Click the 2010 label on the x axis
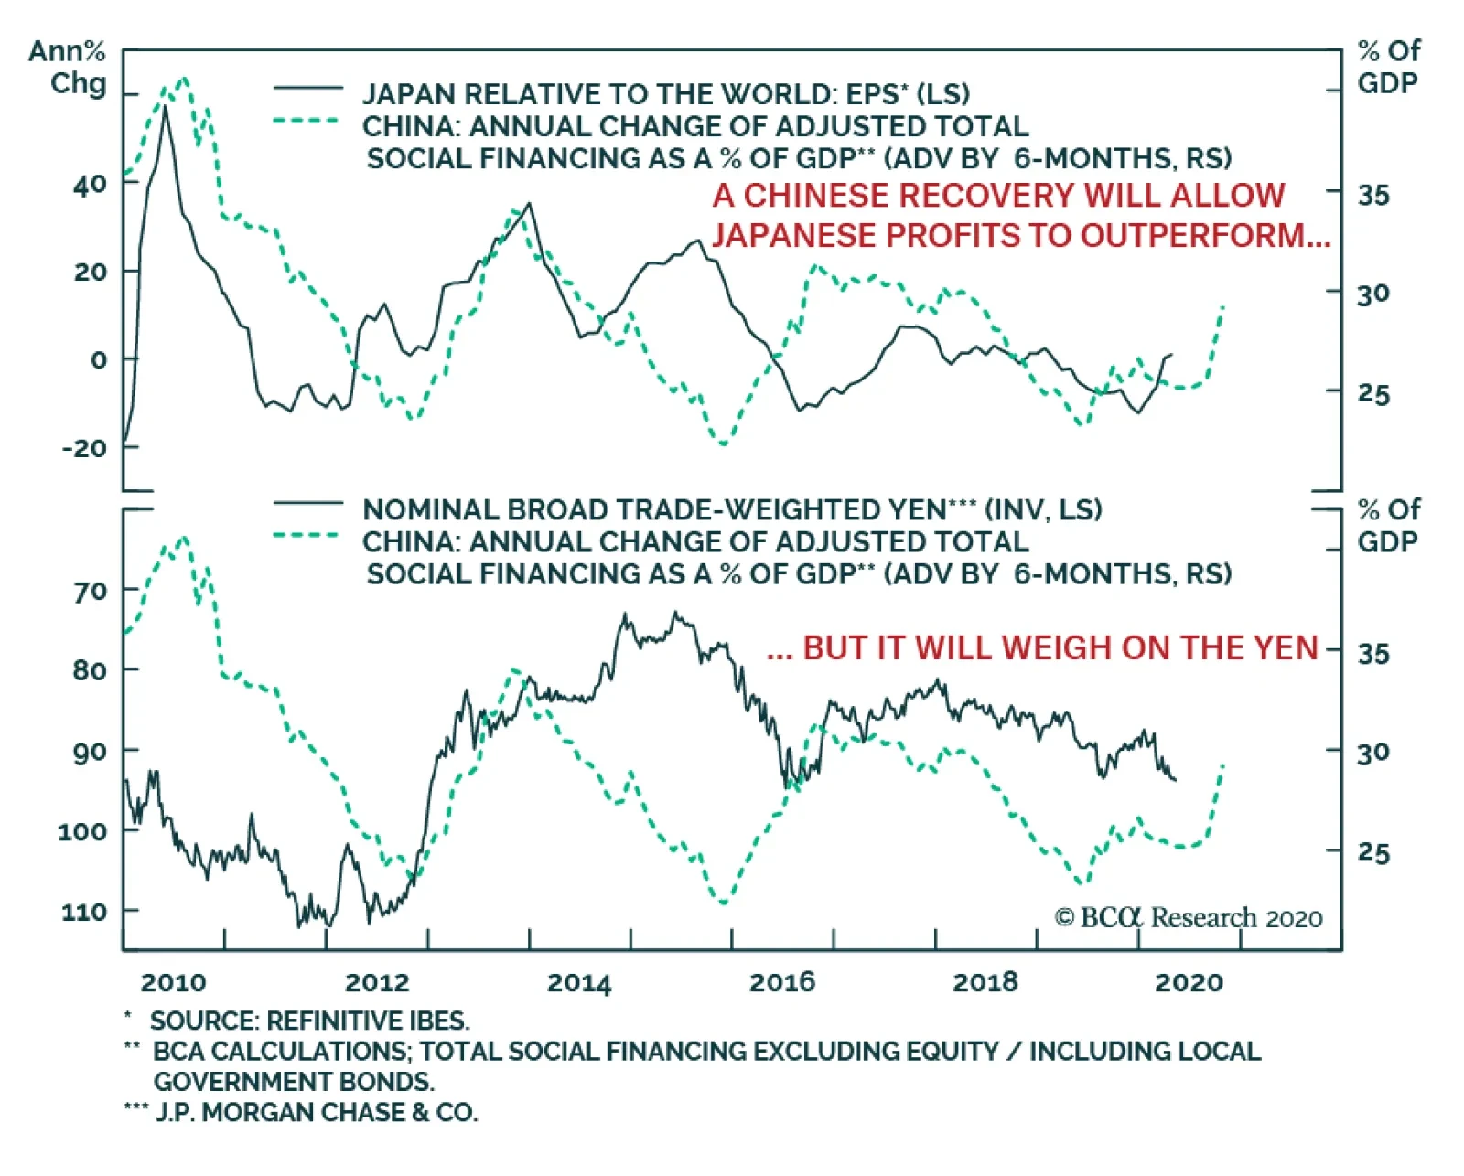pyautogui.click(x=173, y=982)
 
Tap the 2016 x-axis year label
pyautogui.click(x=781, y=982)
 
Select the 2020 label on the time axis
pyautogui.click(x=1189, y=982)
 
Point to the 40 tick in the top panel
pyautogui.click(x=90, y=184)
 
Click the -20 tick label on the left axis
pyautogui.click(x=84, y=448)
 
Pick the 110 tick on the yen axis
pyautogui.click(x=84, y=912)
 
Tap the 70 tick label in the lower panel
pyautogui.click(x=90, y=592)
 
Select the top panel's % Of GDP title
pyautogui.click(x=1388, y=67)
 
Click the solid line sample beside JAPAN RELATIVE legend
pyautogui.click(x=307, y=89)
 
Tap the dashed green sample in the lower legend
pyautogui.click(x=307, y=535)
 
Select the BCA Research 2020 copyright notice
pyautogui.click(x=1188, y=917)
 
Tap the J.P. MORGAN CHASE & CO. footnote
pyautogui.click(x=315, y=1112)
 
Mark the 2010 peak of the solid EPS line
pyautogui.click(x=165, y=107)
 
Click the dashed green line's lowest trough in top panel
pyautogui.click(x=723, y=444)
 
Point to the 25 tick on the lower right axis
pyautogui.click(x=1372, y=852)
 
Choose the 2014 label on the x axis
pyautogui.click(x=578, y=982)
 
